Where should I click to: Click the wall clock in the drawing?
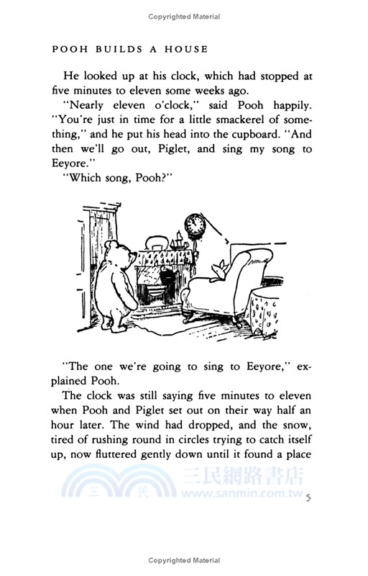[x=193, y=225]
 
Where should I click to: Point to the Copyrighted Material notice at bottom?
[x=184, y=560]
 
